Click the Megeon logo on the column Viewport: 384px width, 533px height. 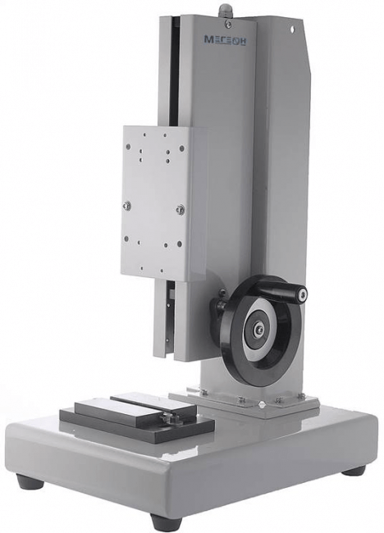tap(225, 40)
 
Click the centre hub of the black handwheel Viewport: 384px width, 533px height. tap(259, 329)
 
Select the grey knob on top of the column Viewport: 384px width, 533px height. tap(226, 10)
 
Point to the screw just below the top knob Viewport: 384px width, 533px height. tap(229, 24)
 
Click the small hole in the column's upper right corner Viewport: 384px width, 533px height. tap(292, 30)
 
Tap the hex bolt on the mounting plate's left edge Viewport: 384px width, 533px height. tap(127, 205)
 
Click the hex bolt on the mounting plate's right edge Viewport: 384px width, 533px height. tap(181, 209)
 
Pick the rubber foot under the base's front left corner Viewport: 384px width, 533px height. tap(30, 481)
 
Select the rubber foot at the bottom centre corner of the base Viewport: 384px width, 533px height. tap(166, 522)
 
